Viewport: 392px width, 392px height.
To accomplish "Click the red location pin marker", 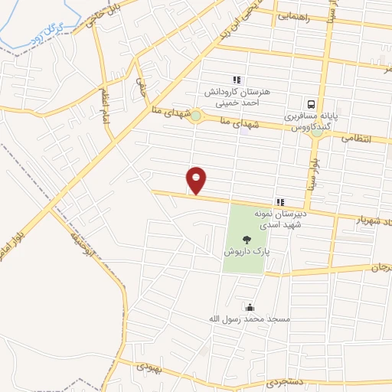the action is [x=197, y=180].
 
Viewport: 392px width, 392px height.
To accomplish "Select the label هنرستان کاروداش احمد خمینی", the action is [x=236, y=96].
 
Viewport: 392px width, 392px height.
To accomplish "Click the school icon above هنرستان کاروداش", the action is [x=236, y=79].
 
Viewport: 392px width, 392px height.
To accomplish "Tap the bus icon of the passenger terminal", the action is [x=311, y=103].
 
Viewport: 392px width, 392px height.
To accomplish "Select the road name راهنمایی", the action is [x=293, y=15].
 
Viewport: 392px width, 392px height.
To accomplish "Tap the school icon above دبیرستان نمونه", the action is [x=280, y=201].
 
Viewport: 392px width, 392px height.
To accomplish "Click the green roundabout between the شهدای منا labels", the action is [x=197, y=116].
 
